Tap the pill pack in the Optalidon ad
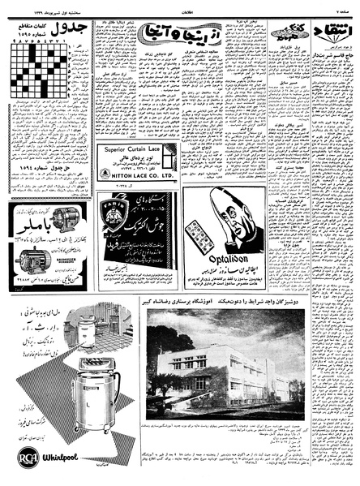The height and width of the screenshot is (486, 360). tap(199, 236)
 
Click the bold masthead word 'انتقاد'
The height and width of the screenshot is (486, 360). tap(334, 32)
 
